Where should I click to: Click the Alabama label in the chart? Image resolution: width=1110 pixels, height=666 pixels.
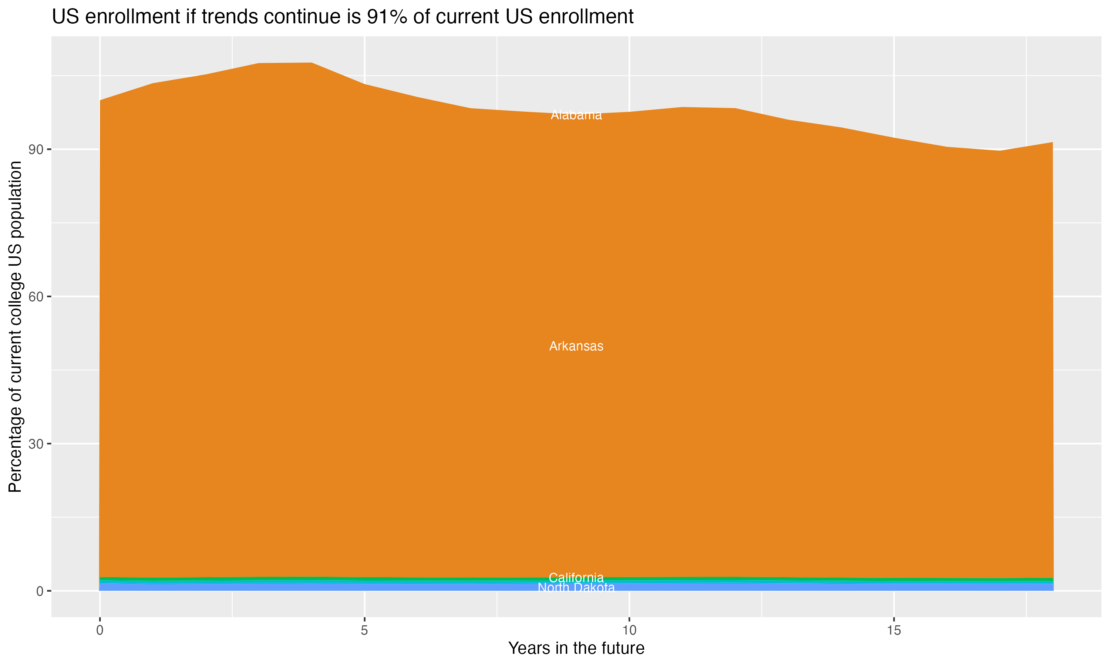(576, 115)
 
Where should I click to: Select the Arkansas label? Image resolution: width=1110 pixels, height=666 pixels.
(576, 346)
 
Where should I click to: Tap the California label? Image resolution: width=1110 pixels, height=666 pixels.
(576, 578)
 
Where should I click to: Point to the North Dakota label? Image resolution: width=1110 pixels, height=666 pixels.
(576, 588)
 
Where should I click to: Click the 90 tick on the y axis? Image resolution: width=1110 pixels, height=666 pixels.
(36, 149)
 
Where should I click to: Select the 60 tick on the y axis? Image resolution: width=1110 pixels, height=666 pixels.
(36, 297)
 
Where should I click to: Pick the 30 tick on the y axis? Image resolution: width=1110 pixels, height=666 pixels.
(36, 444)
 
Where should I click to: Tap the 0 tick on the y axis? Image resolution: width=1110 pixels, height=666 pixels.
(40, 591)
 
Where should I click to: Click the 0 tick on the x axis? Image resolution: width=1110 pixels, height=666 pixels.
(100, 630)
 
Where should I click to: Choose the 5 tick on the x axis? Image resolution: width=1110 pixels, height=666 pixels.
(364, 630)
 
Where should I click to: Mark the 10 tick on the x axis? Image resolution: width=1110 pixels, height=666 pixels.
(629, 630)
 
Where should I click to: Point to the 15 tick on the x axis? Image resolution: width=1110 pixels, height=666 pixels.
(894, 630)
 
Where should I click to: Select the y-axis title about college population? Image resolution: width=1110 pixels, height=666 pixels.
(15, 326)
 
